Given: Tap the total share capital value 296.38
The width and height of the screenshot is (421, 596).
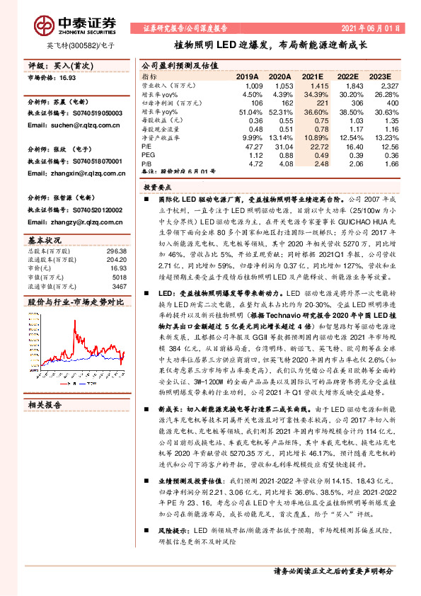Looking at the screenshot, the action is pyautogui.click(x=117, y=251).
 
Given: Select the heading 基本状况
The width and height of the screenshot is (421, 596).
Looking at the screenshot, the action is pyautogui.click(x=45, y=241).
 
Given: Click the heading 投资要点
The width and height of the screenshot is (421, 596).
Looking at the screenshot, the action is pyautogui.click(x=160, y=189).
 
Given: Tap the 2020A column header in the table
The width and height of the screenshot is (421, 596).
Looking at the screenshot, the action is pyautogui.click(x=280, y=76).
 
